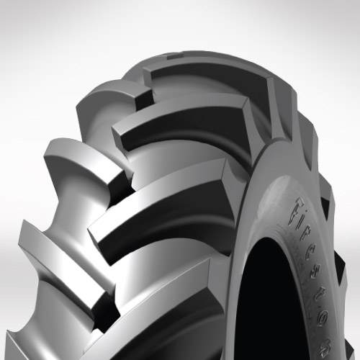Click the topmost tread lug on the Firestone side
click(x=209, y=79)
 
